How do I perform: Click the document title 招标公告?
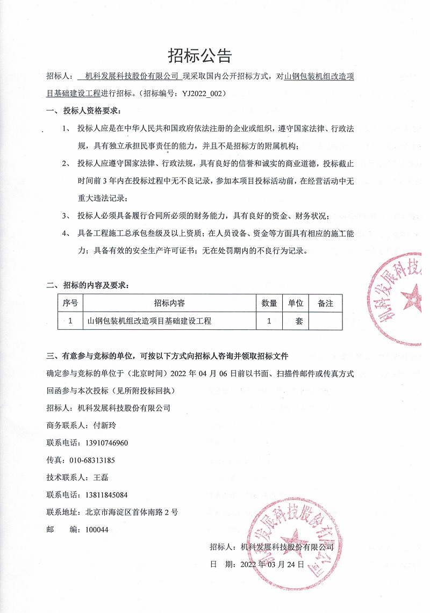[200, 55]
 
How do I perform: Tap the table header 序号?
[70, 303]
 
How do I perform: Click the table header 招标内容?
[169, 303]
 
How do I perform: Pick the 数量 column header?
[269, 303]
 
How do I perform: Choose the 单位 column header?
[296, 303]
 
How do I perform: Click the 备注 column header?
[325, 303]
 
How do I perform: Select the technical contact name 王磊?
[101, 477]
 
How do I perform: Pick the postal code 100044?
[97, 529]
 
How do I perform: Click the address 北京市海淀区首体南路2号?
[131, 512]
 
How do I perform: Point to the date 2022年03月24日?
[271, 565]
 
